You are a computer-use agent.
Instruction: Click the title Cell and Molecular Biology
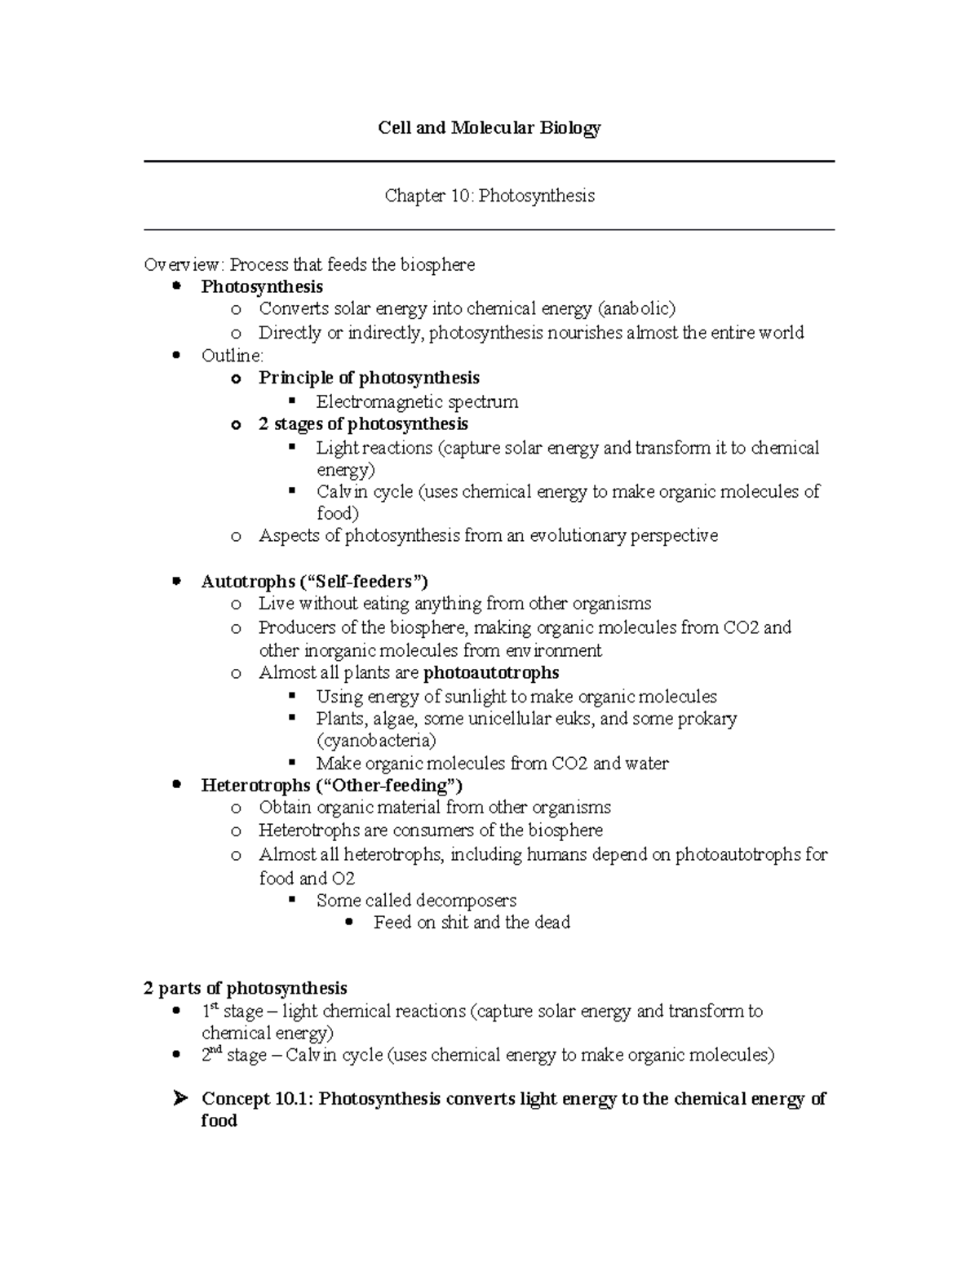click(489, 128)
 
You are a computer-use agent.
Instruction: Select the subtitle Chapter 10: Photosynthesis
click(489, 196)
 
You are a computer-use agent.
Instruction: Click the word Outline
click(232, 356)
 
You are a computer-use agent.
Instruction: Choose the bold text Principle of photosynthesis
click(369, 378)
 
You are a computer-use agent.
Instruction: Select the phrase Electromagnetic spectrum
click(417, 401)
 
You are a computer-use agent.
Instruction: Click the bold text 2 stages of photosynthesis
click(363, 424)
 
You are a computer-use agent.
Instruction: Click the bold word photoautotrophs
click(491, 673)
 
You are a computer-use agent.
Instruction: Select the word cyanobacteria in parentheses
click(376, 741)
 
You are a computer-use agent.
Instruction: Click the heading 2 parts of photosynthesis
click(246, 989)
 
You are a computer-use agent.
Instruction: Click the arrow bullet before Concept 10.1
click(180, 1099)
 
